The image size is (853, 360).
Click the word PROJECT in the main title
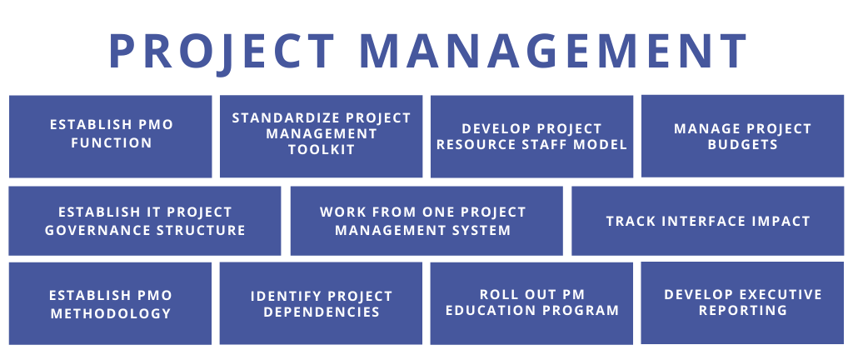click(222, 52)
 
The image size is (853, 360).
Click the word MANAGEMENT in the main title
click(553, 51)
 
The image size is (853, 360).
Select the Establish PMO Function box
click(111, 137)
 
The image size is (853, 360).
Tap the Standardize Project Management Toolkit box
click(321, 137)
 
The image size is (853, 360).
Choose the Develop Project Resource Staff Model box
click(531, 137)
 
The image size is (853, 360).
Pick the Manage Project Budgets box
click(742, 136)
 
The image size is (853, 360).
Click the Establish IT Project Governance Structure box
click(145, 221)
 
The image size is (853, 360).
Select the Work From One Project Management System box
click(426, 221)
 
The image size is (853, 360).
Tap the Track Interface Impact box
click(708, 221)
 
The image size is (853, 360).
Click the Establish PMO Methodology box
click(111, 303)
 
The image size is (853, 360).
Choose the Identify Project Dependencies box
click(321, 303)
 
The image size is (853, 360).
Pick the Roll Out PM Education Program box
click(531, 303)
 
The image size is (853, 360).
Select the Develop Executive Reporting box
click(742, 302)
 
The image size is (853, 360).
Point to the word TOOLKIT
click(322, 149)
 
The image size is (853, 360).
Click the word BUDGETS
click(742, 145)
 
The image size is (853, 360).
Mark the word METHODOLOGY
click(111, 314)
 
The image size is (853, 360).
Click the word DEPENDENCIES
click(322, 312)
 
